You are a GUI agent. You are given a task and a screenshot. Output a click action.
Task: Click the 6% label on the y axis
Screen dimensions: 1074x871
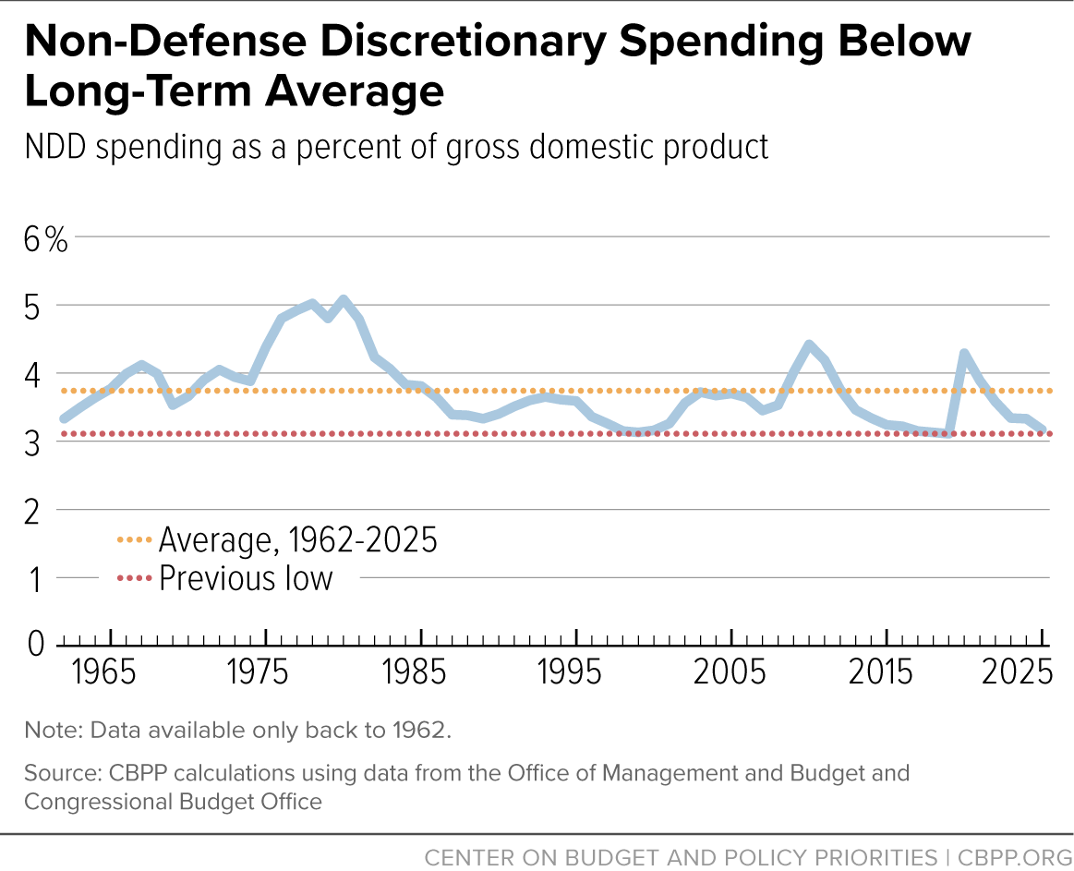pos(46,240)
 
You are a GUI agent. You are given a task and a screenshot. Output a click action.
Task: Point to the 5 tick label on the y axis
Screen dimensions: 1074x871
pos(32,308)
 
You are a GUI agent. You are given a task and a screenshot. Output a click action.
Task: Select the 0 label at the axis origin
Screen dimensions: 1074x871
pos(36,644)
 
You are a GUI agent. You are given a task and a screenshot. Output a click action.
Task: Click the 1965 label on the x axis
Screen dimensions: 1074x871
pos(104,672)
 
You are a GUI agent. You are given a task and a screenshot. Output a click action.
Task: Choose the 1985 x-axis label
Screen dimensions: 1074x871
pos(415,672)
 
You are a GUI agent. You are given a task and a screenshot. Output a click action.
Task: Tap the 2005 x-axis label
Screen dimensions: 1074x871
pos(730,672)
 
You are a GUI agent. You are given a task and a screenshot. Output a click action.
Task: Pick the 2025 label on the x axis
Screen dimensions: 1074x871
pos(1017,672)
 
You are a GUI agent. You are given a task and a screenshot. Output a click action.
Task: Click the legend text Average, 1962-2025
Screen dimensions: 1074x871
pos(298,540)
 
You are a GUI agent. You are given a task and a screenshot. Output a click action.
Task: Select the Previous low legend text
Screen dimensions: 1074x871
pos(246,578)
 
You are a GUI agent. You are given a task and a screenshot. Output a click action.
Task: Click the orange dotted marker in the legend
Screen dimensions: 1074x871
pos(134,540)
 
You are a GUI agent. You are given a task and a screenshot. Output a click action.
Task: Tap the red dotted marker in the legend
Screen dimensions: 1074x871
pos(134,578)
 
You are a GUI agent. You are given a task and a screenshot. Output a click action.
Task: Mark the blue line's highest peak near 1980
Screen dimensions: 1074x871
pos(344,300)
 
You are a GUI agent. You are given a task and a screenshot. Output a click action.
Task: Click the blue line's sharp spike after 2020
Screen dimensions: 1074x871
pos(964,354)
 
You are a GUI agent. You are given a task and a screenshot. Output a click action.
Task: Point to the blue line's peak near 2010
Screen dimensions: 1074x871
pos(809,345)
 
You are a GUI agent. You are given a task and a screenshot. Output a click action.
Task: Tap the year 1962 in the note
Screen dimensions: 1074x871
pos(419,731)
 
